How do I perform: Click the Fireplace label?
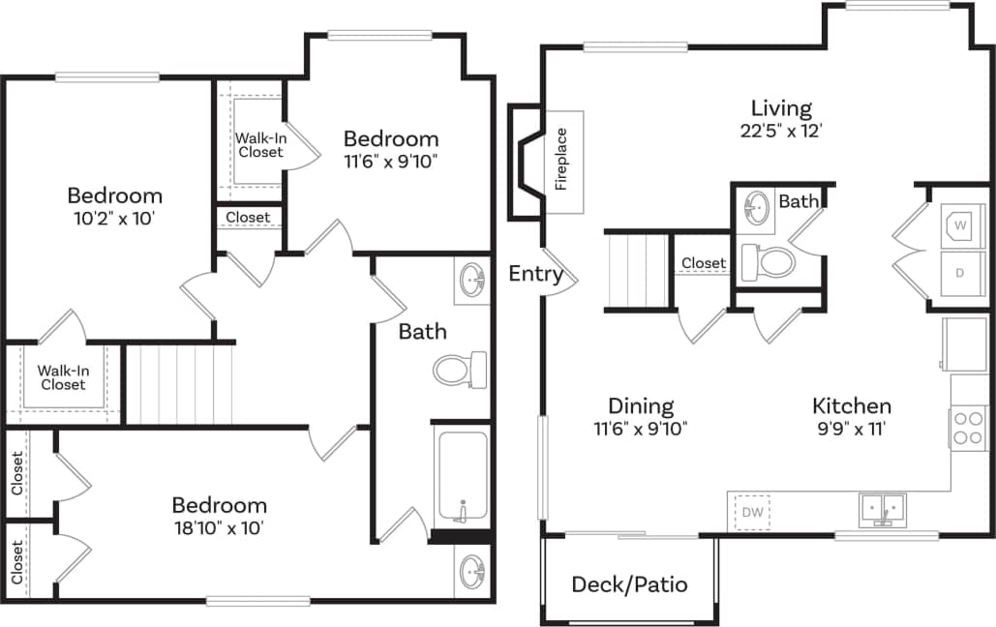tap(561, 160)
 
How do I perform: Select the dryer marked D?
tap(960, 273)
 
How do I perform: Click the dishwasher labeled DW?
tap(752, 511)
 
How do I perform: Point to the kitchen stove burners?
tap(968, 428)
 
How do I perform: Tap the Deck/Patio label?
tap(629, 584)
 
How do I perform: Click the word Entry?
tap(535, 274)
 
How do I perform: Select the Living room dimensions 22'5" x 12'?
tap(782, 131)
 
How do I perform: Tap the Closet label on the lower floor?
tap(703, 263)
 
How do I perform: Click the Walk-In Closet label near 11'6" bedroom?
tap(259, 145)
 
